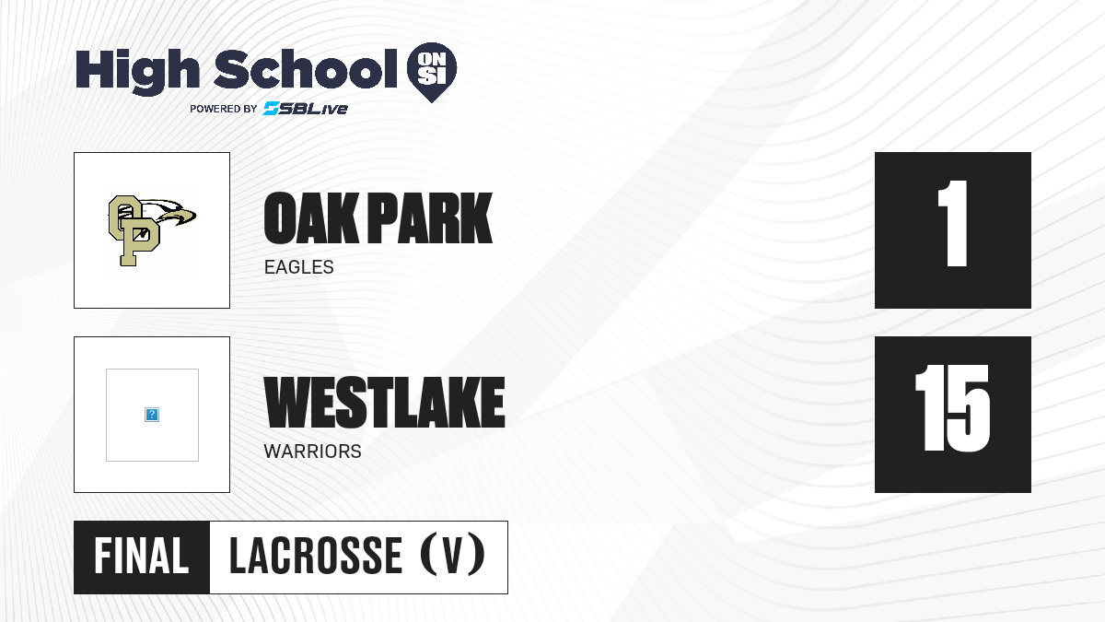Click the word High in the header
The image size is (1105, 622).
137,72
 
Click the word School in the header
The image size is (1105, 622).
306,68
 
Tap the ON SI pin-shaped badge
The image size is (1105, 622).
432,72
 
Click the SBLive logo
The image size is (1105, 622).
306,109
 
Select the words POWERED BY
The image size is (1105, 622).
224,109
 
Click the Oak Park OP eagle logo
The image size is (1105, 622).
152,230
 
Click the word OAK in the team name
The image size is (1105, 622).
311,218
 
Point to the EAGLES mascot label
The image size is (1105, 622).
299,267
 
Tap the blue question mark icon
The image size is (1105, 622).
152,415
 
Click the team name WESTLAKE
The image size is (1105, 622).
384,403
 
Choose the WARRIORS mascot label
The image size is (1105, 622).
313,452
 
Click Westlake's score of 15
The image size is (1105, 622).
952,408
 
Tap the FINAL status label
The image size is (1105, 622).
142,557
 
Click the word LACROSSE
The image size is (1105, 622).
316,557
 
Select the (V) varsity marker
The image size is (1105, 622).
452,555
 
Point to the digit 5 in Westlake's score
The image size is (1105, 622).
969,408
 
